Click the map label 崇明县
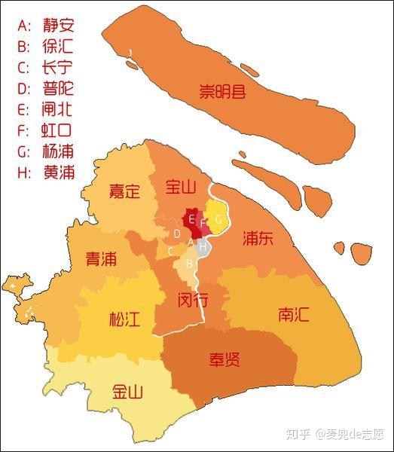[x=223, y=93]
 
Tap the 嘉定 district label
[x=124, y=191]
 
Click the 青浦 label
[x=101, y=259]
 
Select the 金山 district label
[x=127, y=392]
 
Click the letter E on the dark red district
[x=192, y=220]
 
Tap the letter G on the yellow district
[x=218, y=219]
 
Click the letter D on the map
[x=177, y=234]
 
